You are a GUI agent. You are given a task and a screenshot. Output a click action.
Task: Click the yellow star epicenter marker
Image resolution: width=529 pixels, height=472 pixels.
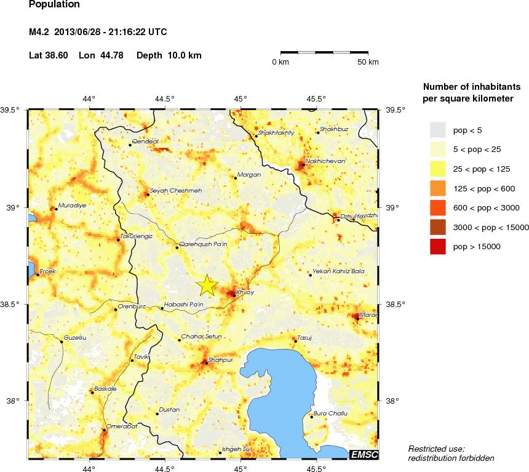207,285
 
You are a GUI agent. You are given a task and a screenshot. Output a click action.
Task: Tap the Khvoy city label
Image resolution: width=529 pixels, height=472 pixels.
244,292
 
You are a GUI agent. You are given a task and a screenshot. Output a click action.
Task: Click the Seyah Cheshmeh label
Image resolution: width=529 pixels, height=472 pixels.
176,190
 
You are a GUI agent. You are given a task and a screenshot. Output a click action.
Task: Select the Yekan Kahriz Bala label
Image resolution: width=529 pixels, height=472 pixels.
338,271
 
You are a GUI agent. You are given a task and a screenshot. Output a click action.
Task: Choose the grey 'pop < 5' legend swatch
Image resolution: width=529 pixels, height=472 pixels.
437,129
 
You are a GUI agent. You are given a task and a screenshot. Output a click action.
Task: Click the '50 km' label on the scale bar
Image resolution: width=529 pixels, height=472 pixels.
368,63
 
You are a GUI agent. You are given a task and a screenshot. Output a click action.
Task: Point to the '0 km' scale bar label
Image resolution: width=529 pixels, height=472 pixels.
280,63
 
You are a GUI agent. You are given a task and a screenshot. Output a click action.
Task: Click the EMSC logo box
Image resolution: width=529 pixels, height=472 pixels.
364,455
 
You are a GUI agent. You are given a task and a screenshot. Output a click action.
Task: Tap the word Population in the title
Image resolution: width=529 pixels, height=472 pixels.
54,4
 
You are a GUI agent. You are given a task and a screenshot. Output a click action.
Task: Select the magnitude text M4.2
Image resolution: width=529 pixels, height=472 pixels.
41,31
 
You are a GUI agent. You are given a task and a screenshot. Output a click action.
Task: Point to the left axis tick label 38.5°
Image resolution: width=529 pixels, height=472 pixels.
13,305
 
